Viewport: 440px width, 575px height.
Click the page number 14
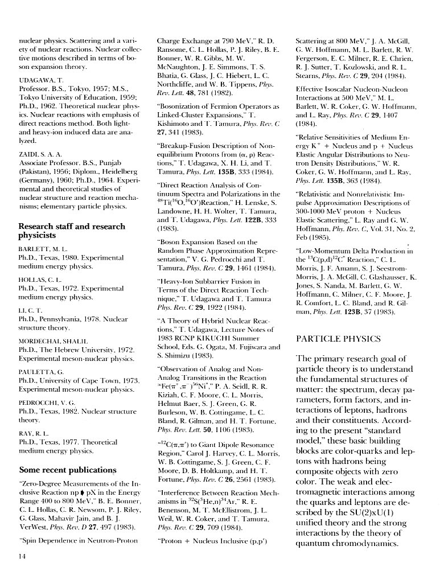(22, 556)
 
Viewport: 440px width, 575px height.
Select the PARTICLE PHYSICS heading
(339, 339)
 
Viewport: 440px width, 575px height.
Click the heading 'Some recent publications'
(67, 470)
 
